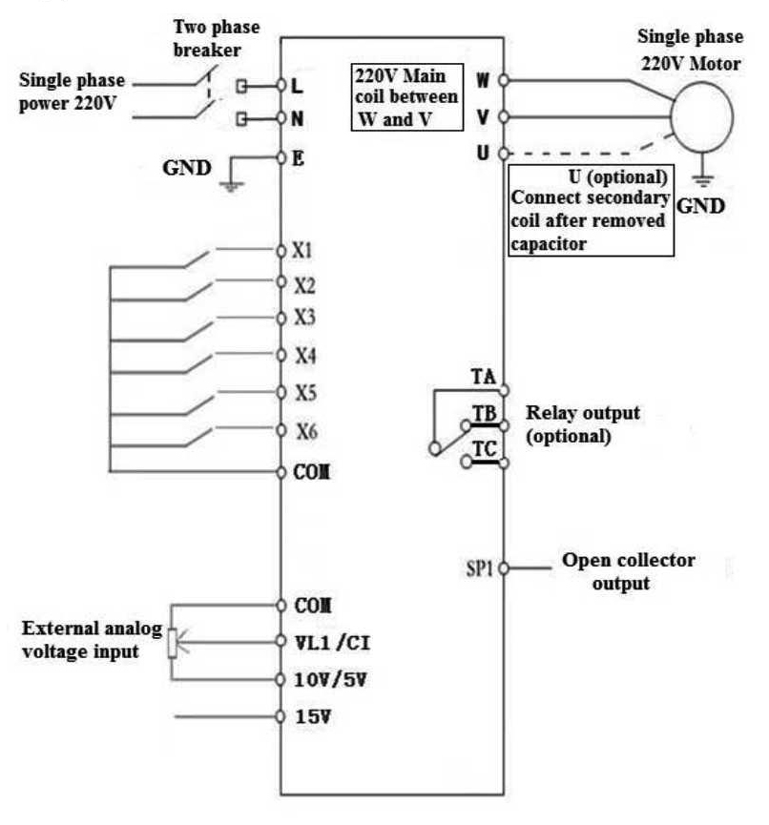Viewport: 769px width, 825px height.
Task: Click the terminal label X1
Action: point(302,252)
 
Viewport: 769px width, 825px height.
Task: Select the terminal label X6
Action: point(304,431)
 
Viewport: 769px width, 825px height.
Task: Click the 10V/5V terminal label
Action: point(322,679)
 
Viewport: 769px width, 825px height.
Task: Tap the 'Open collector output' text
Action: point(628,570)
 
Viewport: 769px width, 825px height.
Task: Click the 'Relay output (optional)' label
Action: point(582,424)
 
